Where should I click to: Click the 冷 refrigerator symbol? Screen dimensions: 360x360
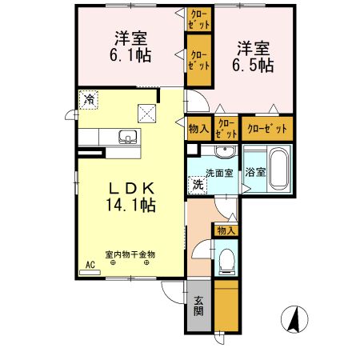point(90,100)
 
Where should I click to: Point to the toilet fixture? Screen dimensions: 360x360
point(226,259)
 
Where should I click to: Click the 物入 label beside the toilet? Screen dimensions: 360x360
point(226,230)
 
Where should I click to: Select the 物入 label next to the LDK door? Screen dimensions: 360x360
point(198,128)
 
